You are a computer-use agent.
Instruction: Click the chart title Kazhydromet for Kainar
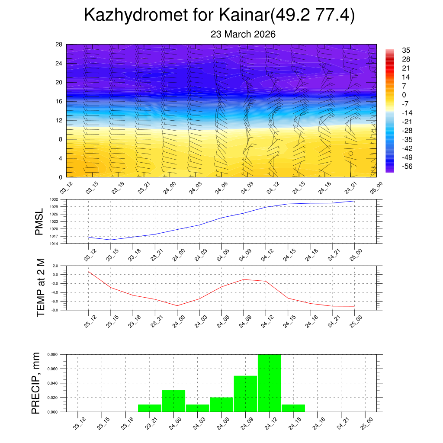click(x=219, y=15)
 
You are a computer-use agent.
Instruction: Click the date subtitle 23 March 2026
click(x=243, y=34)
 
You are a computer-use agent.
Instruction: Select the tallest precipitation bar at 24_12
click(x=269, y=383)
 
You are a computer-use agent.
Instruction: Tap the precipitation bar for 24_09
click(x=245, y=394)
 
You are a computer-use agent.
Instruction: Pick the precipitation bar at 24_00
click(x=173, y=401)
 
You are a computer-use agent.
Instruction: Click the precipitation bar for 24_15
click(x=293, y=408)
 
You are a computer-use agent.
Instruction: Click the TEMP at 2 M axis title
click(x=41, y=288)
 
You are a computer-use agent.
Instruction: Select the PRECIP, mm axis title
click(x=36, y=383)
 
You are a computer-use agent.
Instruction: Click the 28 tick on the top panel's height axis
click(x=59, y=44)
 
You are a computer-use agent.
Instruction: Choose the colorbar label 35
click(x=406, y=50)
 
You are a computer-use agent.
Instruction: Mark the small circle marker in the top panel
click(x=351, y=153)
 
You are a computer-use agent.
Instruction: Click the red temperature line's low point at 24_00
click(x=177, y=305)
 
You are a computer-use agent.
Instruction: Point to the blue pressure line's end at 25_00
click(x=354, y=201)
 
